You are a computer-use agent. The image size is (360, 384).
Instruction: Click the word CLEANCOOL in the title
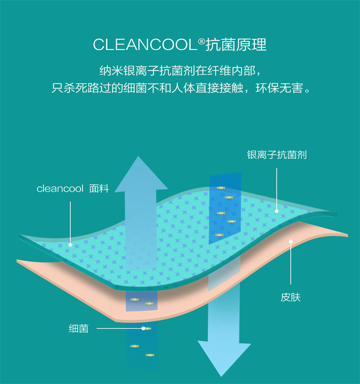pyautogui.click(x=144, y=45)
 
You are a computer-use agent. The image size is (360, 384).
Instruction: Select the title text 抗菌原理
pyautogui.click(x=236, y=45)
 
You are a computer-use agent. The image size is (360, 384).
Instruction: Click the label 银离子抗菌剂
pyautogui.click(x=277, y=155)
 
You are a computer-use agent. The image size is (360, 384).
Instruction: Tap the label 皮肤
pyautogui.click(x=291, y=298)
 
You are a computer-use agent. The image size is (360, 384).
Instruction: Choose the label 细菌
pyautogui.click(x=78, y=329)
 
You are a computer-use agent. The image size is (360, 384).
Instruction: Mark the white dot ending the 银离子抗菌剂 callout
pyautogui.click(x=277, y=210)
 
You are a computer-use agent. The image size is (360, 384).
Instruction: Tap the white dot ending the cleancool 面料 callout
pyautogui.click(x=71, y=244)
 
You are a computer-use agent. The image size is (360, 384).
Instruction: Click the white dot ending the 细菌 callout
pyautogui.click(x=143, y=329)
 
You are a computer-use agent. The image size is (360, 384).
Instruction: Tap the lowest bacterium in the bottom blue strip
pyautogui.click(x=150, y=355)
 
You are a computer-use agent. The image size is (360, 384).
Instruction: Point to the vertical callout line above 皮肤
pyautogui.click(x=291, y=264)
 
